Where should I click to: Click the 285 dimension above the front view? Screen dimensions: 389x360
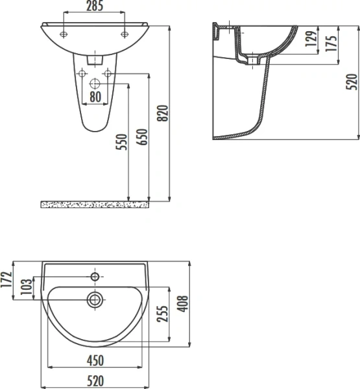[95, 6]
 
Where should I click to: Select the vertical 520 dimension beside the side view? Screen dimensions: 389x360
[352, 82]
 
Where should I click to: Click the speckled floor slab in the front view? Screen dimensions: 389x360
[95, 205]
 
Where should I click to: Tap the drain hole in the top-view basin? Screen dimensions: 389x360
[95, 299]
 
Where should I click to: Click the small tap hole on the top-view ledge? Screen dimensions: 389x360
[95, 277]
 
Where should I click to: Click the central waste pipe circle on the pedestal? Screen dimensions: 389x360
[95, 84]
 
